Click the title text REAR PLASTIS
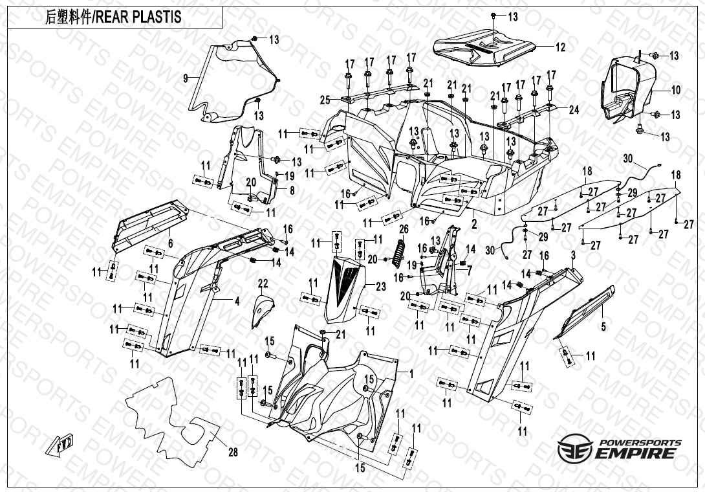tap(138, 17)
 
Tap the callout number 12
tap(560, 47)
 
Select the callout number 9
tap(186, 78)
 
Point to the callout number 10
tap(676, 90)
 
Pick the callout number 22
tap(263, 283)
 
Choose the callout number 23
tap(380, 286)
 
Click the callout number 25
tap(325, 99)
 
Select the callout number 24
tap(574, 109)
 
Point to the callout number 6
tap(170, 243)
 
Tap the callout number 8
tap(292, 190)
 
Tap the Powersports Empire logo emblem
tap(572, 449)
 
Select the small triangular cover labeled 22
tap(261, 311)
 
